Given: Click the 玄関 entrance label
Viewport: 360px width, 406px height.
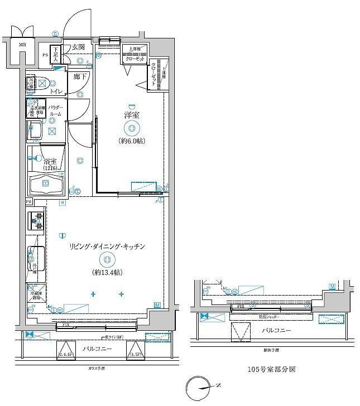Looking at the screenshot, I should (78, 48).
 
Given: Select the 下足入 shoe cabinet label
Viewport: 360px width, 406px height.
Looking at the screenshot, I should (55, 54).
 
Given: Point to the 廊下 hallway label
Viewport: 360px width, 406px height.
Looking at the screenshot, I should (80, 76).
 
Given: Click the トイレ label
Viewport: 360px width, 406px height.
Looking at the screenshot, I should (56, 91).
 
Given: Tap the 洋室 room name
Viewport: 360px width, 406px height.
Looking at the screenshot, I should (132, 115).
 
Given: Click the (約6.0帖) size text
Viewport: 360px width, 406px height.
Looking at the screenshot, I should (132, 141).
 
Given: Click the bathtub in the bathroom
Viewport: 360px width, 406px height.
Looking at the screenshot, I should (47, 185).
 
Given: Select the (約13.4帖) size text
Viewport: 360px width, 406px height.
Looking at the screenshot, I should (108, 272).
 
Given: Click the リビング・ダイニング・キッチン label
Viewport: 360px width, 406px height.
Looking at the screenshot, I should (108, 246).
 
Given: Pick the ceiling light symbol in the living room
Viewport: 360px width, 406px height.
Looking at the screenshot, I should (108, 259).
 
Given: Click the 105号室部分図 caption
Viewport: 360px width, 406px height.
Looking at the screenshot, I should (271, 369).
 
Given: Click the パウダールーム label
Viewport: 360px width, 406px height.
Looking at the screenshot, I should (55, 110).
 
